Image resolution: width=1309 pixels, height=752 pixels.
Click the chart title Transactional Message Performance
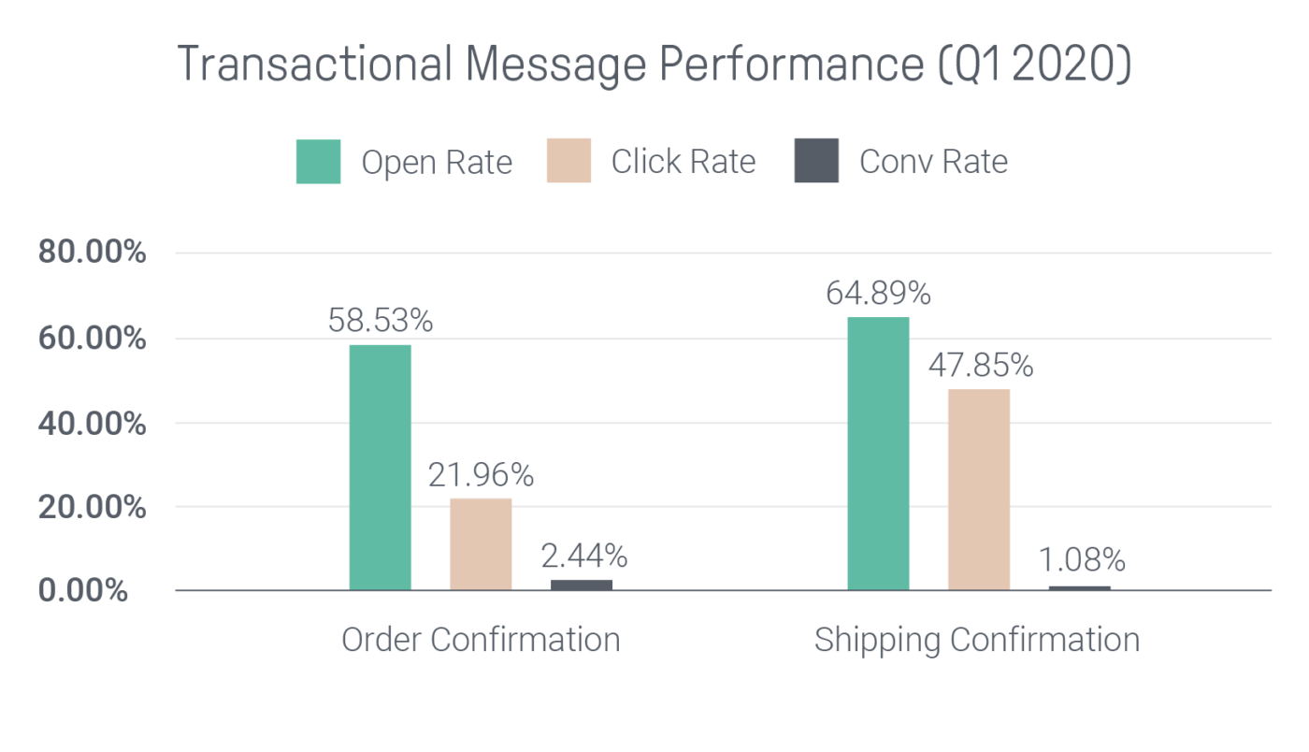(x=654, y=65)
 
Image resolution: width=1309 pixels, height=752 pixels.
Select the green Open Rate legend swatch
(x=318, y=161)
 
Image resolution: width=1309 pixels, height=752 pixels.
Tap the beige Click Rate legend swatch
(x=568, y=161)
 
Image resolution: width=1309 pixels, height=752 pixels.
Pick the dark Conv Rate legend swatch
(x=816, y=161)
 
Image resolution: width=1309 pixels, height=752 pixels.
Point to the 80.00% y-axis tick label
(x=92, y=253)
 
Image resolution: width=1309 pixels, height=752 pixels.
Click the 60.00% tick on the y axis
(x=92, y=339)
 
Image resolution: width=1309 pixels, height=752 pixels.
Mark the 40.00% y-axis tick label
(x=92, y=424)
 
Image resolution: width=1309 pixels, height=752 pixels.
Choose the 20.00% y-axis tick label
(x=92, y=508)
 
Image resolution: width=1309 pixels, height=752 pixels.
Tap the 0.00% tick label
(x=83, y=591)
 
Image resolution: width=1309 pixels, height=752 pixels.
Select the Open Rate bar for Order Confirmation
(x=380, y=468)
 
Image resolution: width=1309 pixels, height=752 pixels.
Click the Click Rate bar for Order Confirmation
(x=481, y=544)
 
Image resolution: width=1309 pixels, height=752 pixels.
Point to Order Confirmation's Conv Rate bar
(x=582, y=586)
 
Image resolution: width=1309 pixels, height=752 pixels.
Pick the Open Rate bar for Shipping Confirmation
(x=878, y=454)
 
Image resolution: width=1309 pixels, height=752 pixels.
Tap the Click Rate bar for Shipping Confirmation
(x=979, y=489)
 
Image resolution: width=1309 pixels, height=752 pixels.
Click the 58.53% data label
(x=380, y=321)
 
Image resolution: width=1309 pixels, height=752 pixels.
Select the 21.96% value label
(x=481, y=475)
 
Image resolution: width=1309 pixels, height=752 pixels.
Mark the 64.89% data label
(x=878, y=294)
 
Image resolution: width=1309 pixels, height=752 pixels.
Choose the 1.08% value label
(x=1082, y=560)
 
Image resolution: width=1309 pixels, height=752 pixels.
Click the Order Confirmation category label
(x=481, y=640)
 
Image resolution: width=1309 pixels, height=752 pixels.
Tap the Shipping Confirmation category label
(x=977, y=641)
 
